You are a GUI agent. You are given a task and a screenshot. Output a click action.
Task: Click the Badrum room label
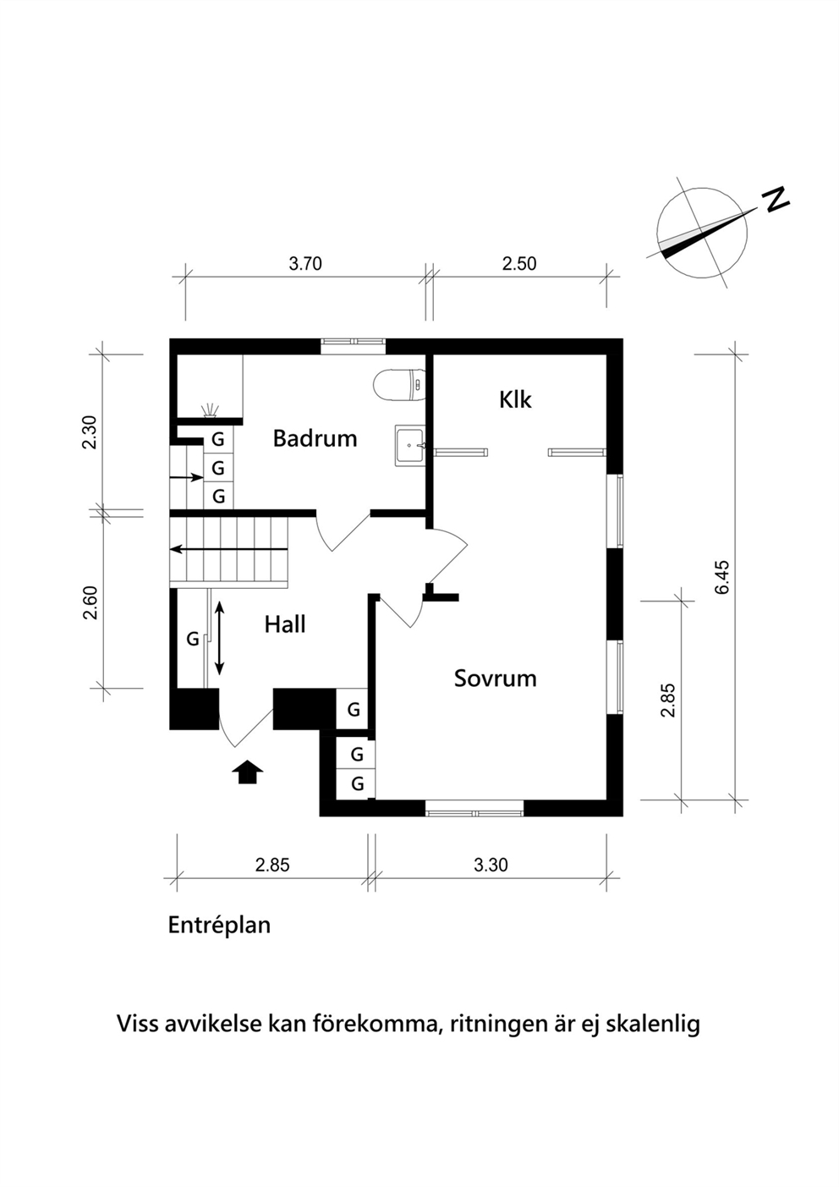pyautogui.click(x=315, y=439)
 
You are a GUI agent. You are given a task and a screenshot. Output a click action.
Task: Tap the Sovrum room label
pyautogui.click(x=496, y=679)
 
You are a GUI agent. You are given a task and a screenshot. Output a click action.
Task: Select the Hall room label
pyautogui.click(x=285, y=624)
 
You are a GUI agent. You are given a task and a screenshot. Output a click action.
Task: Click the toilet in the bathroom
pyautogui.click(x=399, y=384)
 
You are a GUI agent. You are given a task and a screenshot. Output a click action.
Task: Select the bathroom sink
pyautogui.click(x=410, y=446)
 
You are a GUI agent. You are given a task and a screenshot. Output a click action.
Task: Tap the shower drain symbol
pyautogui.click(x=211, y=411)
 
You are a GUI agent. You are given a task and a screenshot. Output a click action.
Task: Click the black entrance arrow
pyautogui.click(x=247, y=772)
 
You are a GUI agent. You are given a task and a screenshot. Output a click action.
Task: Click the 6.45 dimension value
pyautogui.click(x=722, y=578)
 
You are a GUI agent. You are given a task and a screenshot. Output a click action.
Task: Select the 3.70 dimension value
pyautogui.click(x=305, y=264)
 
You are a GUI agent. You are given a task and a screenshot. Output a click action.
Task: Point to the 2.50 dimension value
pyautogui.click(x=519, y=264)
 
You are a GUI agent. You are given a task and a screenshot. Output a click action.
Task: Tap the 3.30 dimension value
pyautogui.click(x=491, y=865)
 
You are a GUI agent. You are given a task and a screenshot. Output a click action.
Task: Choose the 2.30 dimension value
pyautogui.click(x=90, y=432)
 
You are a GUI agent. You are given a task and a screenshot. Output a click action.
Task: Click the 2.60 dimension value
pyautogui.click(x=90, y=602)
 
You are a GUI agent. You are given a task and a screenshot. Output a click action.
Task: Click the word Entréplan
pyautogui.click(x=219, y=926)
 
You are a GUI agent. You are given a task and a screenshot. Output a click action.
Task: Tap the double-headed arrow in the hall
pyautogui.click(x=219, y=638)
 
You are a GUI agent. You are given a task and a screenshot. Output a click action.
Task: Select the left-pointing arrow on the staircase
pyautogui.click(x=229, y=550)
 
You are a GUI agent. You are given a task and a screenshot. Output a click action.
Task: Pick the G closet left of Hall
pyautogui.click(x=192, y=639)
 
